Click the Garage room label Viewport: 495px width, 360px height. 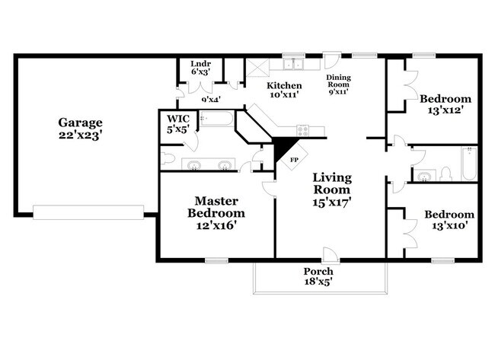click(81, 123)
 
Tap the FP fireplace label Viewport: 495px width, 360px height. click(294, 160)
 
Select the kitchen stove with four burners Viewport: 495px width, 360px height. click(303, 131)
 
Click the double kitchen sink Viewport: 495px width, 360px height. click(293, 64)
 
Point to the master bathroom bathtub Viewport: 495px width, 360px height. click(217, 118)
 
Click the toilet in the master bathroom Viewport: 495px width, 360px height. click(167, 158)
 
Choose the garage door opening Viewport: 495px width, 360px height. click(88, 212)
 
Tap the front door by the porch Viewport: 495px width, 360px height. click(331, 255)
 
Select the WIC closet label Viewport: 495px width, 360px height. click(178, 119)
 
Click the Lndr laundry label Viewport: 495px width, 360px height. click(201, 64)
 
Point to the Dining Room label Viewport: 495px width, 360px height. click(338, 81)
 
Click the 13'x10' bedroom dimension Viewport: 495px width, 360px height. click(449, 226)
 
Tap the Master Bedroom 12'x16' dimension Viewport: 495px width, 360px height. click(216, 225)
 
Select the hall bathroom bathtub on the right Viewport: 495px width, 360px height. click(469, 164)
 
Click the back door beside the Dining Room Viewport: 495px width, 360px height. click(332, 61)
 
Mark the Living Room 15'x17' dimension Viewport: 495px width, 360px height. click(332, 202)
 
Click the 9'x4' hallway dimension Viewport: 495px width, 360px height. click(211, 100)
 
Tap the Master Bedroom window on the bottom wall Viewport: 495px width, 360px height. click(216, 260)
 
